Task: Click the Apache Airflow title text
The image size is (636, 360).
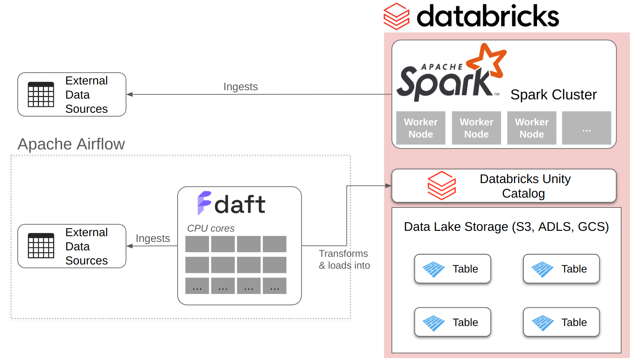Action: (x=71, y=144)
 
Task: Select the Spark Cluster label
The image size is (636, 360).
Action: (x=553, y=95)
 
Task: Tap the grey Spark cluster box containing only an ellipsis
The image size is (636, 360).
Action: (x=586, y=128)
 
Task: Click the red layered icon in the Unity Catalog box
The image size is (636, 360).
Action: (x=441, y=186)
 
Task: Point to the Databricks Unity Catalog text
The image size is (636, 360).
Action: (x=525, y=186)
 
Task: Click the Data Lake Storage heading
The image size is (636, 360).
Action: (x=506, y=227)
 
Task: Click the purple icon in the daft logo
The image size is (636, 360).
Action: (x=204, y=203)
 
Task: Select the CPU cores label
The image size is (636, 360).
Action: (x=210, y=228)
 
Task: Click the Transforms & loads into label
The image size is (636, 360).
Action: (x=344, y=259)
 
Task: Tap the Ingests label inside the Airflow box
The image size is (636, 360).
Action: (x=153, y=238)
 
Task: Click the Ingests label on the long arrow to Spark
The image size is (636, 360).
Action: (x=240, y=87)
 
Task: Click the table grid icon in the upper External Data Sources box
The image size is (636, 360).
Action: (x=41, y=94)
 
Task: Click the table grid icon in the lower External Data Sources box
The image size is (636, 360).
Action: (x=41, y=246)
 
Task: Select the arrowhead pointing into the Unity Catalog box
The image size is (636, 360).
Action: (x=388, y=186)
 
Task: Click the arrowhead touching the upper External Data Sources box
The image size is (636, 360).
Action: (x=130, y=94)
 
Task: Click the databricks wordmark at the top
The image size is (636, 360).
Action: (x=487, y=16)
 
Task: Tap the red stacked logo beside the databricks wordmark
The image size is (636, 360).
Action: (x=396, y=16)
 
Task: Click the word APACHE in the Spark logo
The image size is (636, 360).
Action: (x=442, y=67)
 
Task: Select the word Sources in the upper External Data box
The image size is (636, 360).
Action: (x=86, y=109)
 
